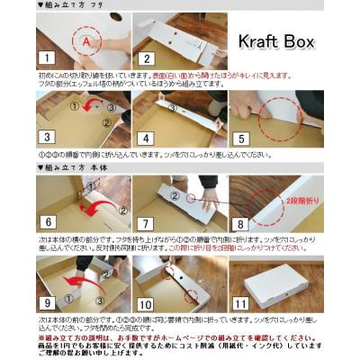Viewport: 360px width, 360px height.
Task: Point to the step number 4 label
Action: click(145, 139)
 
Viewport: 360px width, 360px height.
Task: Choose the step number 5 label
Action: click(241, 139)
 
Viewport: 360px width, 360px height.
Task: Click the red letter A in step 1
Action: click(85, 41)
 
